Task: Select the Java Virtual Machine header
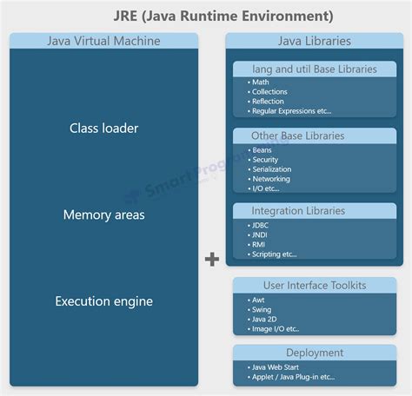tap(103, 41)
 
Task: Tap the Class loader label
tap(103, 129)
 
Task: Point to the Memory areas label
tap(103, 214)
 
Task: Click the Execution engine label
tap(103, 301)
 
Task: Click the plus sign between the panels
tap(211, 259)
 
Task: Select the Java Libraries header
tap(314, 41)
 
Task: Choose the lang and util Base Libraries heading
tap(314, 69)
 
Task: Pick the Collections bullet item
tap(269, 92)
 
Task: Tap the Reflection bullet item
tap(268, 102)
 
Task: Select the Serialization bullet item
tap(271, 169)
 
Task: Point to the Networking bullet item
tap(270, 179)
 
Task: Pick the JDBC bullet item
tap(262, 225)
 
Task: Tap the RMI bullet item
tap(260, 244)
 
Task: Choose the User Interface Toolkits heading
tap(314, 285)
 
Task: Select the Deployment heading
tap(314, 352)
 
